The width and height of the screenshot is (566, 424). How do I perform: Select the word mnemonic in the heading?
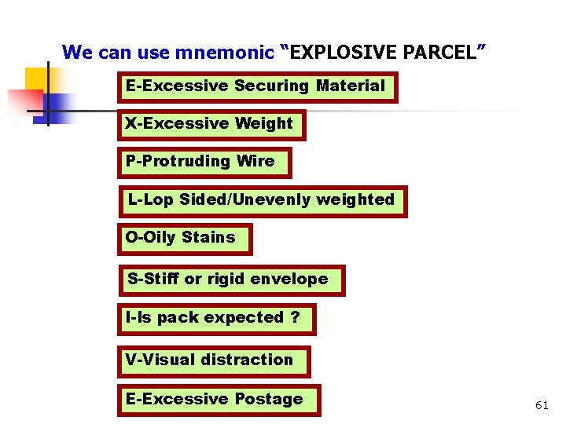[x=226, y=53]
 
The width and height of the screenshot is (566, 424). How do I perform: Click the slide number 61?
[x=542, y=405]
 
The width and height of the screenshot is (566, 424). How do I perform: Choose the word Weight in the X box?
[x=264, y=123]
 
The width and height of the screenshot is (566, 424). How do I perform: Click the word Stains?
[x=208, y=237]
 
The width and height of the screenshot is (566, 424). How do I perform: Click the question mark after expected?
[x=295, y=318]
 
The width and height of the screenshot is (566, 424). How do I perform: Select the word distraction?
[x=252, y=360]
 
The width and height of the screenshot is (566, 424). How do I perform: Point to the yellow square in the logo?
[x=37, y=79]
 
